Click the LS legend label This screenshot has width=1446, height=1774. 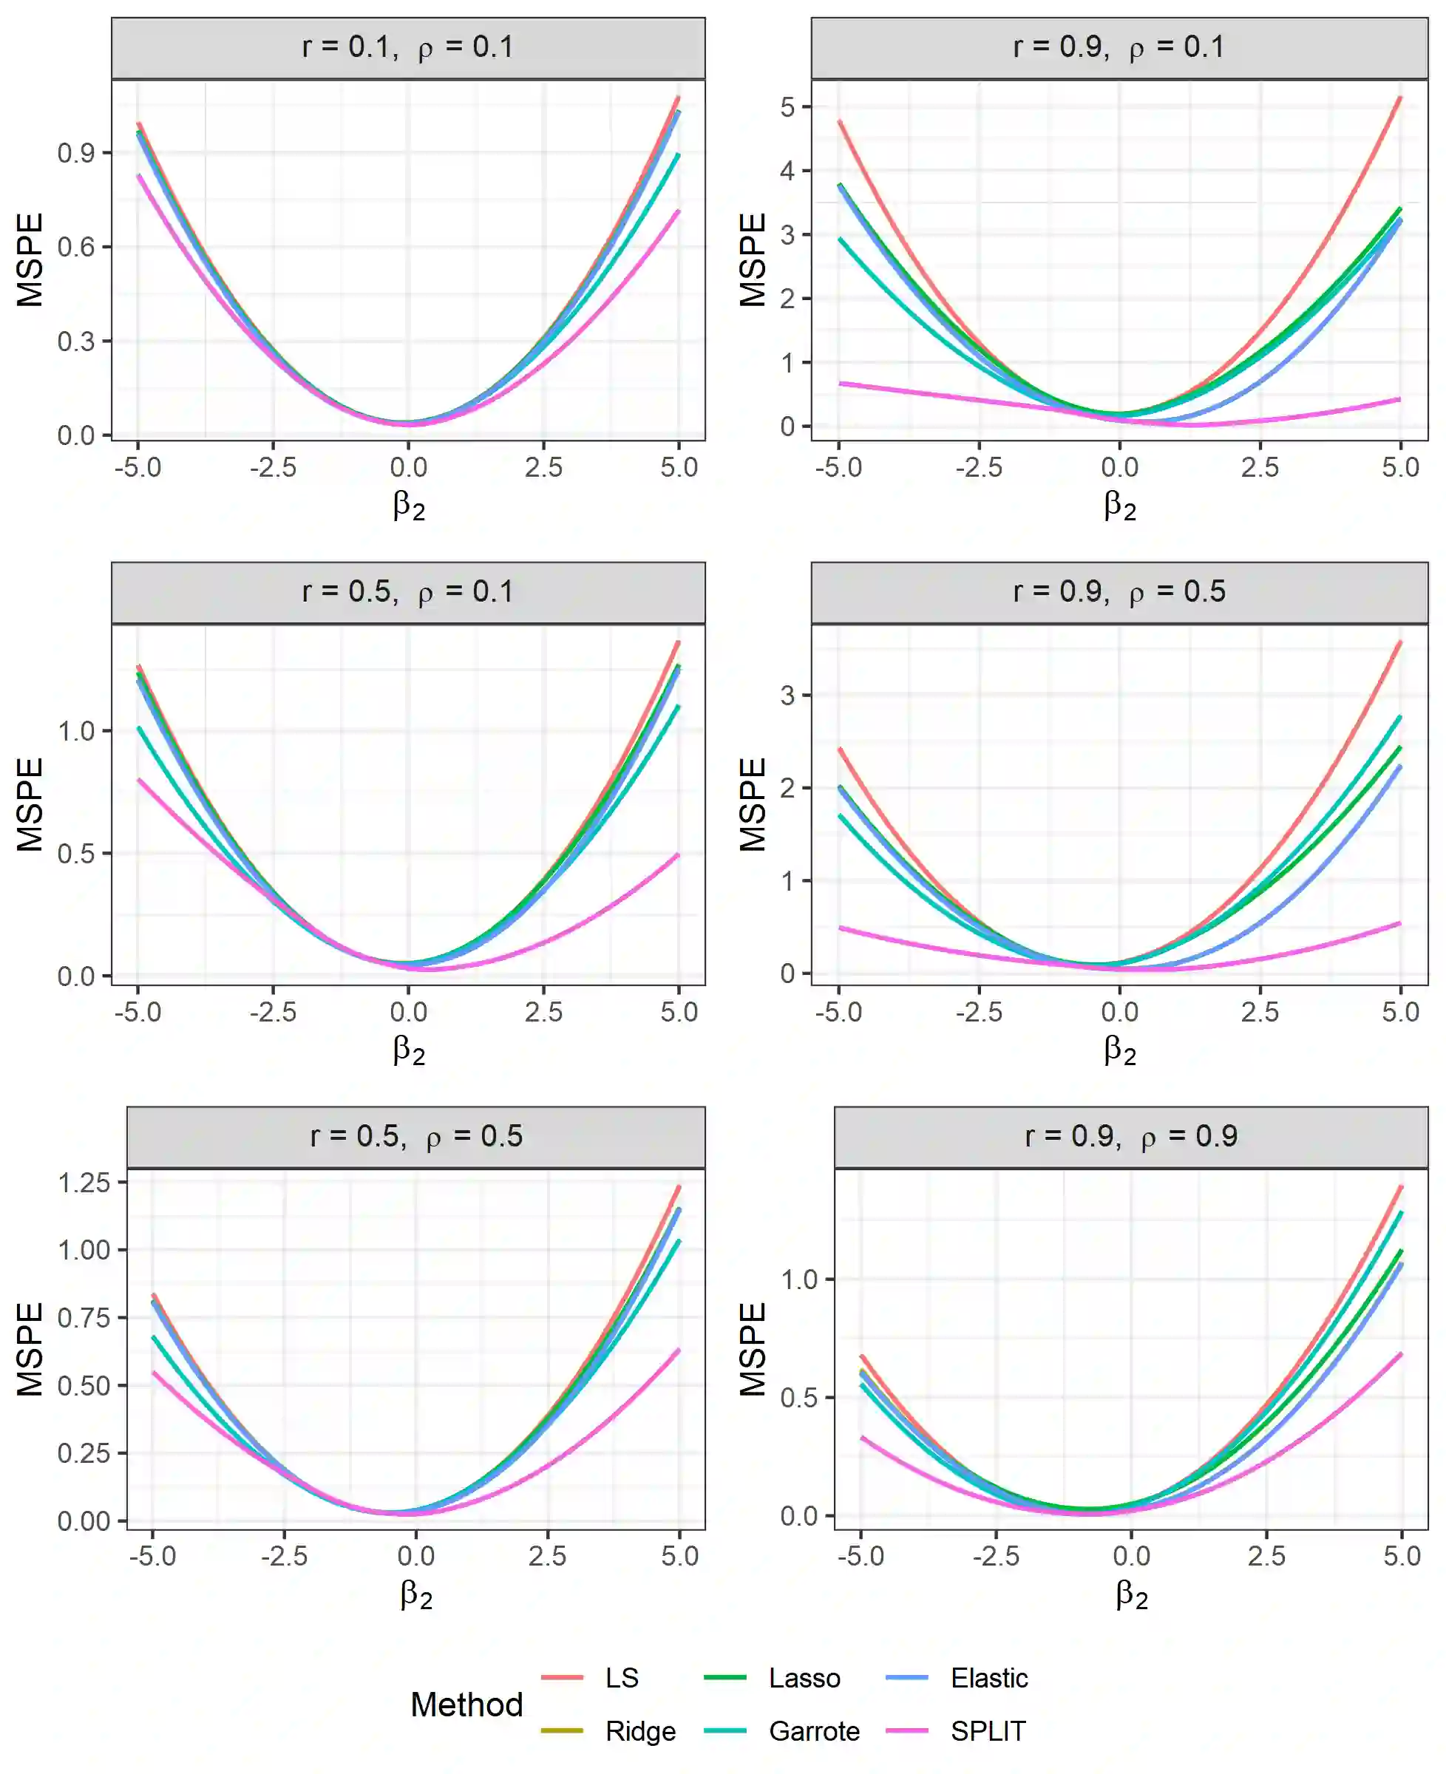point(622,1677)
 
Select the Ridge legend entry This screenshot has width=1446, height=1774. point(639,1730)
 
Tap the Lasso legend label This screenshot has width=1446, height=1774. point(804,1677)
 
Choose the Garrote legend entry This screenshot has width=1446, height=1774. point(814,1730)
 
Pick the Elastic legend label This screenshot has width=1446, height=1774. point(988,1677)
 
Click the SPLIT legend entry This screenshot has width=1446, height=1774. point(988,1730)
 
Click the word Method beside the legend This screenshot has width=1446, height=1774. point(466,1704)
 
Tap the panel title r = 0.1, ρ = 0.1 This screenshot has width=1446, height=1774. point(408,47)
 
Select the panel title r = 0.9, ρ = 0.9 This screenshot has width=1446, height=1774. point(1131,1136)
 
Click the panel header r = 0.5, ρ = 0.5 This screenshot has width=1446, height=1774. point(415,1136)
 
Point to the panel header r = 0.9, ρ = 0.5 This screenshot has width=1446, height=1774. point(1119,591)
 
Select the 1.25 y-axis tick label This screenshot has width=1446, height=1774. point(84,1183)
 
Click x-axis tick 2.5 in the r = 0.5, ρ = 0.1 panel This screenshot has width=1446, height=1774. point(544,1012)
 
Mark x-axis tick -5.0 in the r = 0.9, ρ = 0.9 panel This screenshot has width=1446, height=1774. point(861,1556)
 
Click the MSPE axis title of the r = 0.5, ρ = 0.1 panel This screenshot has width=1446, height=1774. point(30,803)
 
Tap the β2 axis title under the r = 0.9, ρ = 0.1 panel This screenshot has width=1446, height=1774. point(1119,505)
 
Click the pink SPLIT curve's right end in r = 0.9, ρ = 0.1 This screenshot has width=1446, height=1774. point(1399,400)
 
